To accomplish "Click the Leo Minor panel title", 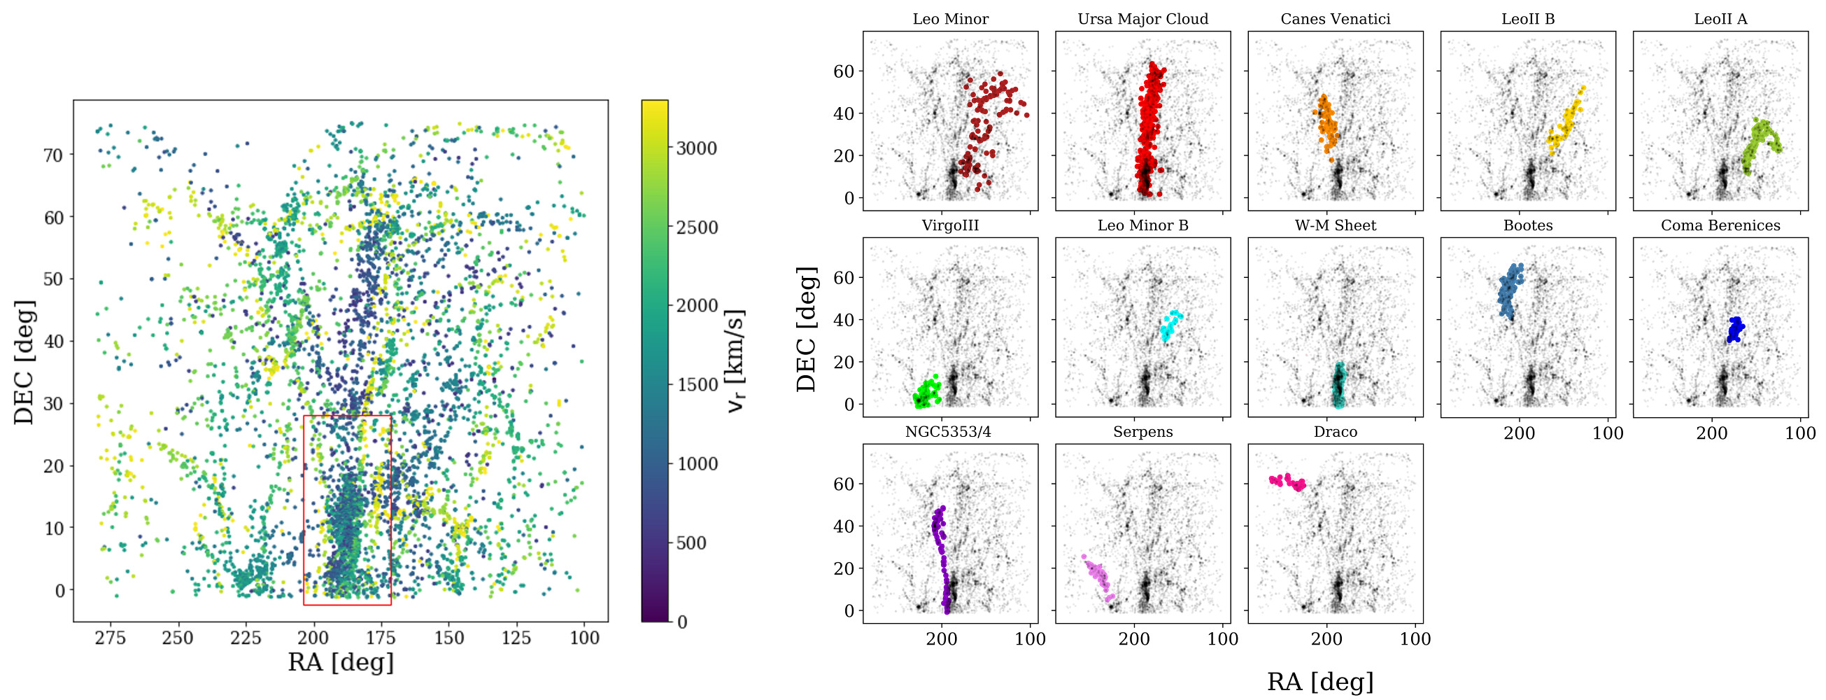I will [950, 19].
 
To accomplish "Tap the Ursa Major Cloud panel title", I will [1142, 19].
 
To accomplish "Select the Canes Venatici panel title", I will [1335, 19].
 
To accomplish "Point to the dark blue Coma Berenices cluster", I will [1735, 329].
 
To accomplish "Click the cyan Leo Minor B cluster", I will [1170, 325].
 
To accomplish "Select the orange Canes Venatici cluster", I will [1326, 125].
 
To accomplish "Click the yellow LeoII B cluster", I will [1565, 124].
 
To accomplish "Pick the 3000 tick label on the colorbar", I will [696, 148].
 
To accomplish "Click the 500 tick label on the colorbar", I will [691, 543].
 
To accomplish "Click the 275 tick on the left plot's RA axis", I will [110, 638].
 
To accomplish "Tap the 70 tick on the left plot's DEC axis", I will [54, 155].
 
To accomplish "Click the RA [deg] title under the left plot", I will [340, 661].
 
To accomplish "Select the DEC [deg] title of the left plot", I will [24, 362].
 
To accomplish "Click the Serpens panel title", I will [1142, 432].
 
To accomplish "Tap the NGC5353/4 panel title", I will [948, 432].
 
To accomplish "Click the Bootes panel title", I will [1527, 225].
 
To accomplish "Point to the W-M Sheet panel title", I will [1335, 225].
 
